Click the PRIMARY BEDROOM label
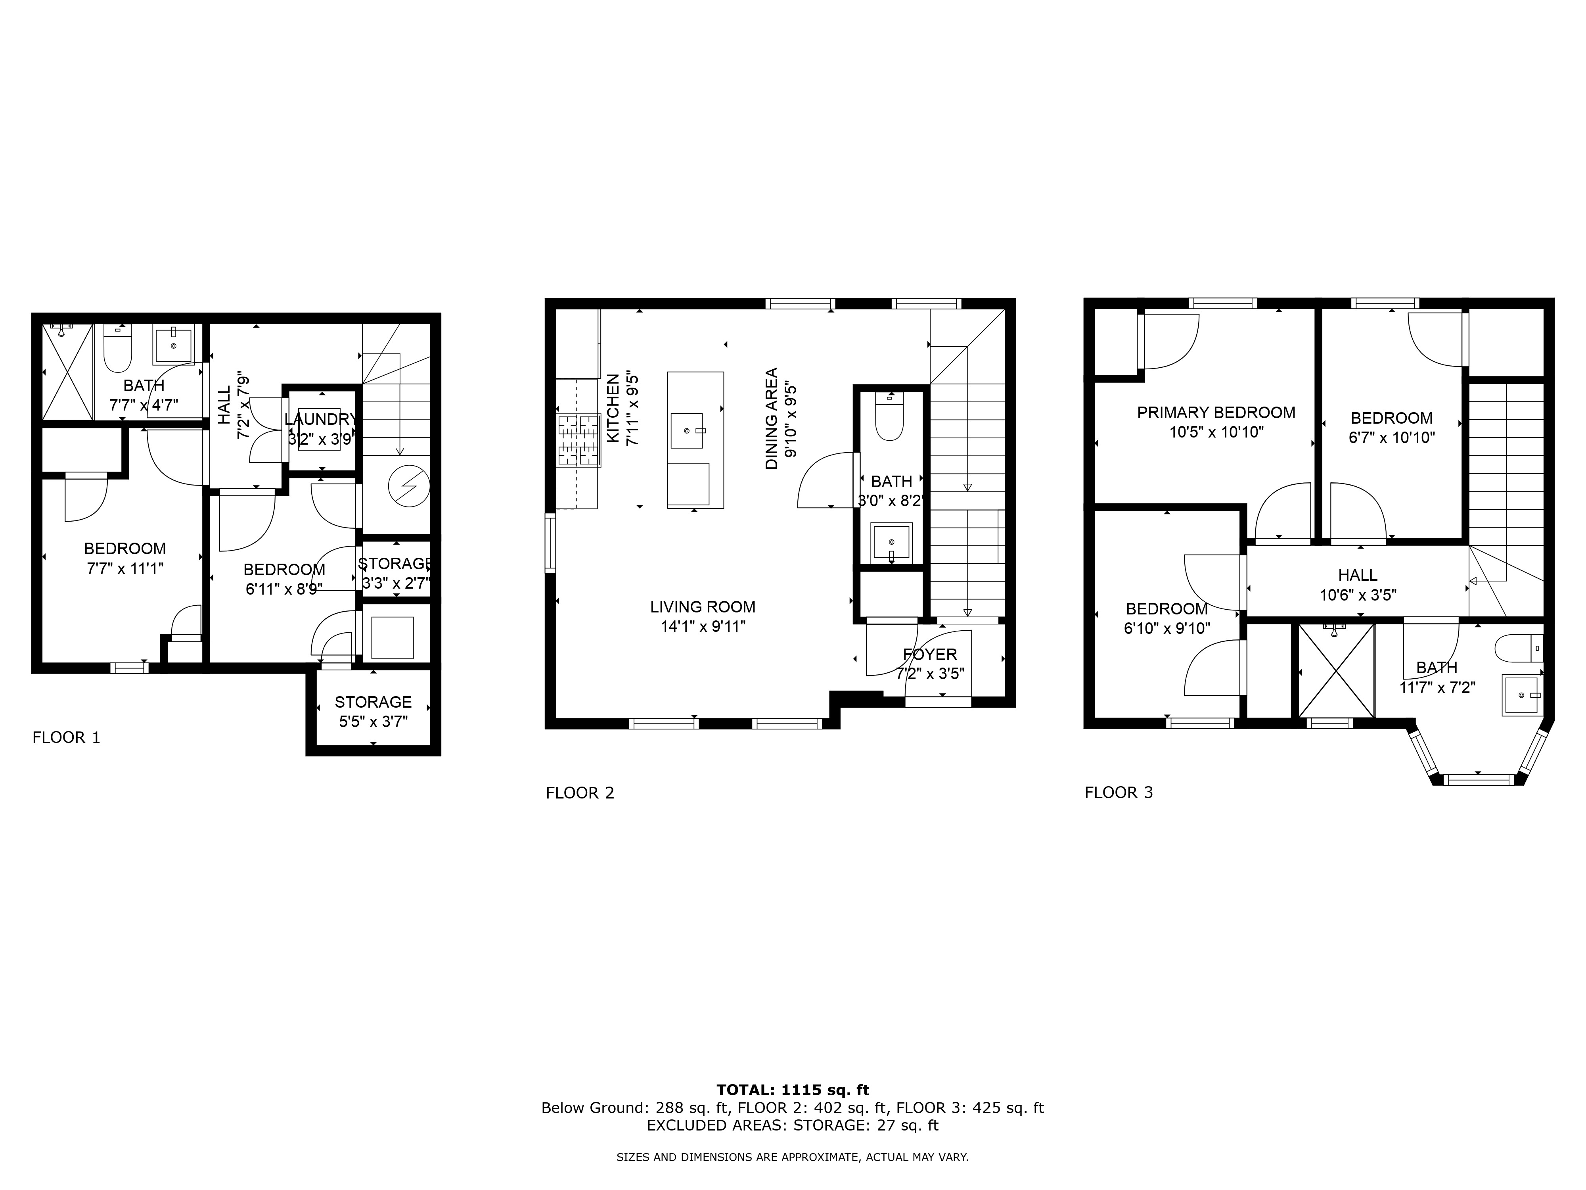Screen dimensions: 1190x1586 (1216, 413)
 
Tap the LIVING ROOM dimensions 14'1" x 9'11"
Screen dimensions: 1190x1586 (703, 627)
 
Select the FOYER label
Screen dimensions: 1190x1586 (930, 654)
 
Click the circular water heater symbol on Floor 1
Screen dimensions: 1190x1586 (409, 486)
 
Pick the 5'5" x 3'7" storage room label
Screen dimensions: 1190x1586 (373, 722)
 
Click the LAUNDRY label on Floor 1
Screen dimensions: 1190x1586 (320, 419)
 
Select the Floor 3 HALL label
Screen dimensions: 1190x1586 (1357, 575)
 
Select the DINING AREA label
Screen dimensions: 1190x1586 (772, 419)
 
